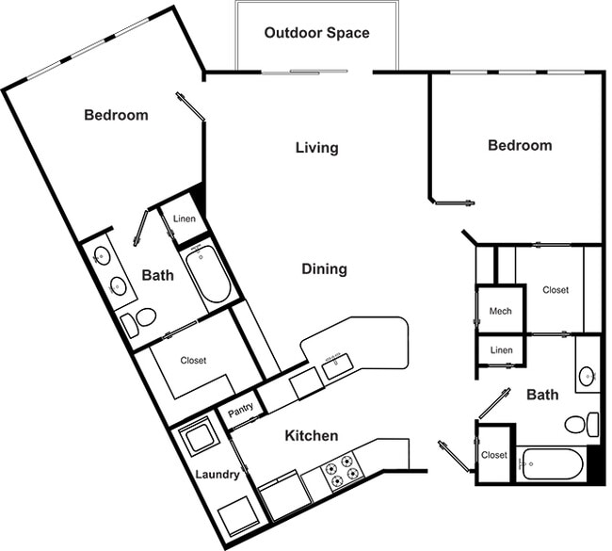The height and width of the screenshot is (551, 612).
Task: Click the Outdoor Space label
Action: [316, 33]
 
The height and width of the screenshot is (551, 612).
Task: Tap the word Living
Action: [316, 148]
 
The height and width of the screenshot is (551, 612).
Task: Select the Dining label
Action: [324, 269]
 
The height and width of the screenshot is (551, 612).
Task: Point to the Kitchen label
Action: [312, 436]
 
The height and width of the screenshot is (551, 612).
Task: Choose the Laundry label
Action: [217, 475]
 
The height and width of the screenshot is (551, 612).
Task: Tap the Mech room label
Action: [500, 311]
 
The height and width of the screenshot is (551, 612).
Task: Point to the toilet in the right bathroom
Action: [579, 424]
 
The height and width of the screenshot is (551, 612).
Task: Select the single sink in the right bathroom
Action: [587, 375]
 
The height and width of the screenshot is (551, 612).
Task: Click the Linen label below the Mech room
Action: [502, 351]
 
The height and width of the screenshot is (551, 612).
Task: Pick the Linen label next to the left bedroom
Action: [184, 220]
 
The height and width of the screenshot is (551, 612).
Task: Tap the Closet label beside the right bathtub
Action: [494, 455]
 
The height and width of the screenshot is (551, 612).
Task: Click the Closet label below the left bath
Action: [193, 360]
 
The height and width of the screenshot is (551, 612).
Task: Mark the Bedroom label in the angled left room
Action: [116, 115]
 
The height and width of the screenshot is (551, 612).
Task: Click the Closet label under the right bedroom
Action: [556, 290]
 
